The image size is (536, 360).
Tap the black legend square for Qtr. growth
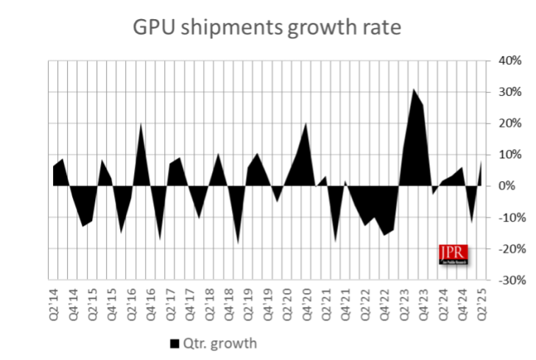point(174,343)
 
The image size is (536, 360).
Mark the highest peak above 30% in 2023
point(414,89)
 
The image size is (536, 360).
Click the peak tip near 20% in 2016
point(141,123)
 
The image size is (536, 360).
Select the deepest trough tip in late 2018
point(238,243)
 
